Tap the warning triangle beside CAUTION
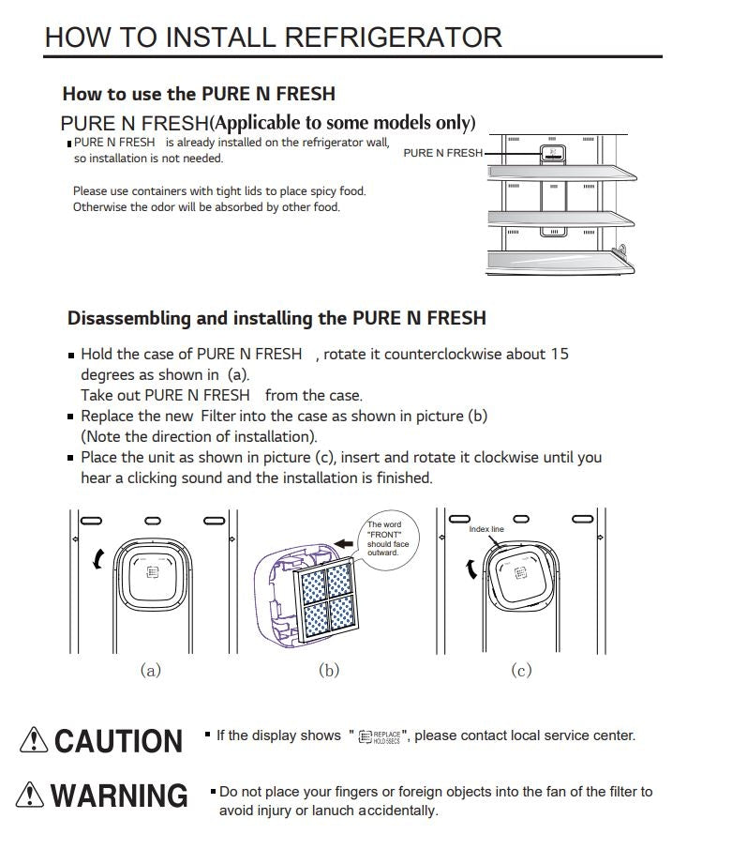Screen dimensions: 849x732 [x=34, y=740]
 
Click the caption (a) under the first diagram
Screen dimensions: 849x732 [x=150, y=670]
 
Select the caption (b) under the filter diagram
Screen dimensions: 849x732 [x=329, y=670]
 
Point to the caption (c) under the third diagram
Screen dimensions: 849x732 [x=521, y=670]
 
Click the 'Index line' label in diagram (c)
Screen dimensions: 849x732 [x=486, y=529]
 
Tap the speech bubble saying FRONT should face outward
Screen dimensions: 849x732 [x=386, y=539]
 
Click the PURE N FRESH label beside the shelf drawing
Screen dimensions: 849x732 [x=442, y=153]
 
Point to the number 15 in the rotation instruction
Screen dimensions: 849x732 [x=560, y=354]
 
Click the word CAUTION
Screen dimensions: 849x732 [x=118, y=740]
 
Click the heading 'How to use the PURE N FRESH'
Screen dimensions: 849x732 [x=198, y=94]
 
